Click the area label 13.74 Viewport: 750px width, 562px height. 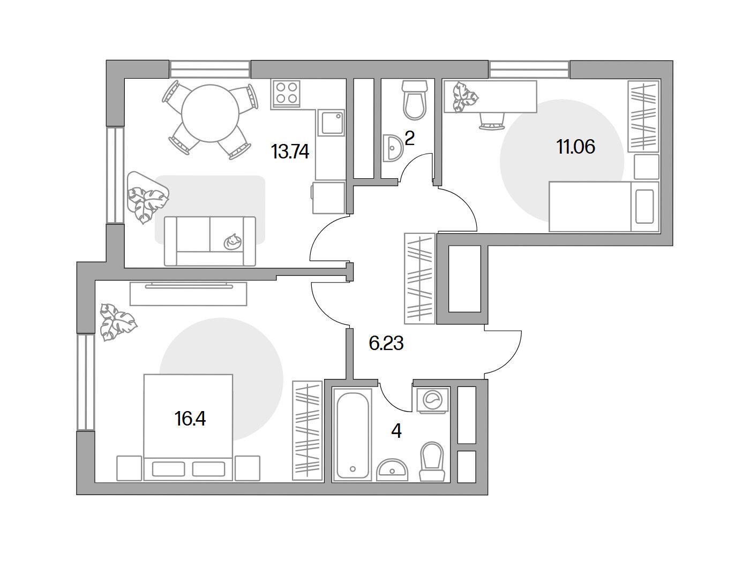(290, 151)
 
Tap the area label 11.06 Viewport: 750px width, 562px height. (576, 147)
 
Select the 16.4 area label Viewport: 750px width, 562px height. (190, 419)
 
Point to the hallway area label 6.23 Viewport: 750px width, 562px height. (386, 343)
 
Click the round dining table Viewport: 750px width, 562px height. (210, 113)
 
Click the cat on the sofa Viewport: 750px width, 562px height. (232, 241)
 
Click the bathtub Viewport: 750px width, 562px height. (352, 435)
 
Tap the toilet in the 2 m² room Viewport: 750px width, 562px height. (415, 100)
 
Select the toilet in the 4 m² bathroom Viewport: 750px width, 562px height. (432, 461)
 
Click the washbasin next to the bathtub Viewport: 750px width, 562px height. (392, 470)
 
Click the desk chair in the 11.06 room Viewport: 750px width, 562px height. (492, 121)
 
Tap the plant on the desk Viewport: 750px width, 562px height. (465, 97)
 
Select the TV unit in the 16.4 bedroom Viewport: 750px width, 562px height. (188, 293)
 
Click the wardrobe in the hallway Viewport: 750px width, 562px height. (419, 278)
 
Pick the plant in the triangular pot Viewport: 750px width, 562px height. (147, 198)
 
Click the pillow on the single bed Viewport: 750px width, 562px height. (644, 207)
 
